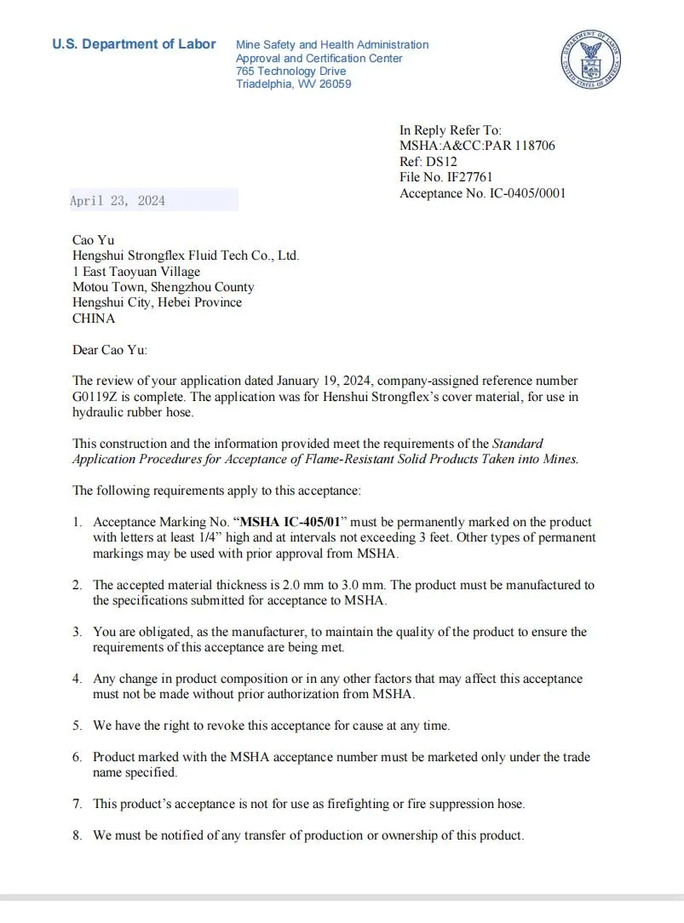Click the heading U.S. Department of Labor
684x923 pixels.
pyautogui.click(x=134, y=44)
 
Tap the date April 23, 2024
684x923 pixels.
pyautogui.click(x=118, y=201)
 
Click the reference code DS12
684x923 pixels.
pyautogui.click(x=441, y=162)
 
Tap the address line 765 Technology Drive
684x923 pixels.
pyautogui.click(x=290, y=72)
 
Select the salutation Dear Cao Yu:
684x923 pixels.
pyautogui.click(x=110, y=350)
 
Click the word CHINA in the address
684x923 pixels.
pyautogui.click(x=94, y=318)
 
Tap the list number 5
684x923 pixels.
pyautogui.click(x=77, y=725)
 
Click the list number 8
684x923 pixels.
pyautogui.click(x=77, y=835)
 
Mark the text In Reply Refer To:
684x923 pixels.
pyautogui.click(x=451, y=130)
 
